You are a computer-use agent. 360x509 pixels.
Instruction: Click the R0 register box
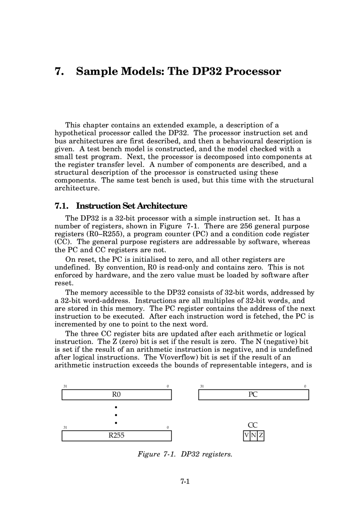(x=116, y=395)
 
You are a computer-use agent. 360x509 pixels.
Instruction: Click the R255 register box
(x=116, y=436)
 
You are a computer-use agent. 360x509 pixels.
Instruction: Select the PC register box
(x=253, y=395)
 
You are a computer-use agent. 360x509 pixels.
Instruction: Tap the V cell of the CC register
(x=247, y=436)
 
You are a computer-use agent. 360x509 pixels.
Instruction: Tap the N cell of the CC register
(x=253, y=436)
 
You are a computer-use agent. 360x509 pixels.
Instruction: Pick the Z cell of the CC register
(x=261, y=436)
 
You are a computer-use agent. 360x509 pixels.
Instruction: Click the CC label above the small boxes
(x=253, y=425)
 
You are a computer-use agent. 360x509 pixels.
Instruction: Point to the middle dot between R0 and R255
(x=116, y=415)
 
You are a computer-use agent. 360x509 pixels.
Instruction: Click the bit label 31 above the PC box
(x=202, y=386)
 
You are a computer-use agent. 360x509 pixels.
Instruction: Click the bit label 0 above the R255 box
(x=168, y=427)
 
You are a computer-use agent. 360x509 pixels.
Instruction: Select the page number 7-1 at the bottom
(x=185, y=482)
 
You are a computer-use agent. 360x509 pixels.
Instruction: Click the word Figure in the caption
(x=148, y=454)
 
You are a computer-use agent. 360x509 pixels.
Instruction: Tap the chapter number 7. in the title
(x=59, y=71)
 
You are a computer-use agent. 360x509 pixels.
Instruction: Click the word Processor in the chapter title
(x=253, y=71)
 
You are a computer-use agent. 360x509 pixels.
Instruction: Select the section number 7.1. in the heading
(x=62, y=206)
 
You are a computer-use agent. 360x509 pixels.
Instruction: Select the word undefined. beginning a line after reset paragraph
(x=72, y=267)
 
